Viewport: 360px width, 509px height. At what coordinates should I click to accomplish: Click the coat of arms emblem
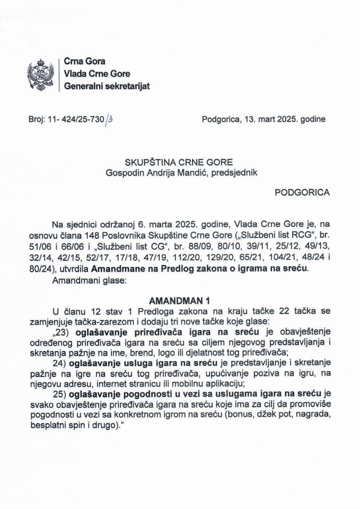(x=41, y=74)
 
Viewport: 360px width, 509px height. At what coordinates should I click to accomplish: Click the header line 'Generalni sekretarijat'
(x=106, y=86)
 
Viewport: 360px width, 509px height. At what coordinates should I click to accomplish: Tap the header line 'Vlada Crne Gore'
(x=96, y=74)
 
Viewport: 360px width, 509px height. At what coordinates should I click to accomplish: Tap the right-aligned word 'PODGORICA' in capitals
(x=302, y=193)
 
